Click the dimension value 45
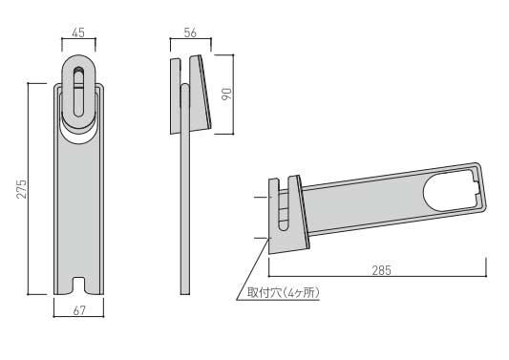[78, 32]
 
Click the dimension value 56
[190, 32]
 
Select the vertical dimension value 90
[227, 94]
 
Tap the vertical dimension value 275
[22, 189]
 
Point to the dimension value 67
[79, 310]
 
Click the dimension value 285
[381, 270]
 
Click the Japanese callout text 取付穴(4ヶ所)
[284, 293]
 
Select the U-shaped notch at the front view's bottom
[78, 284]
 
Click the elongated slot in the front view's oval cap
[78, 92]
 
